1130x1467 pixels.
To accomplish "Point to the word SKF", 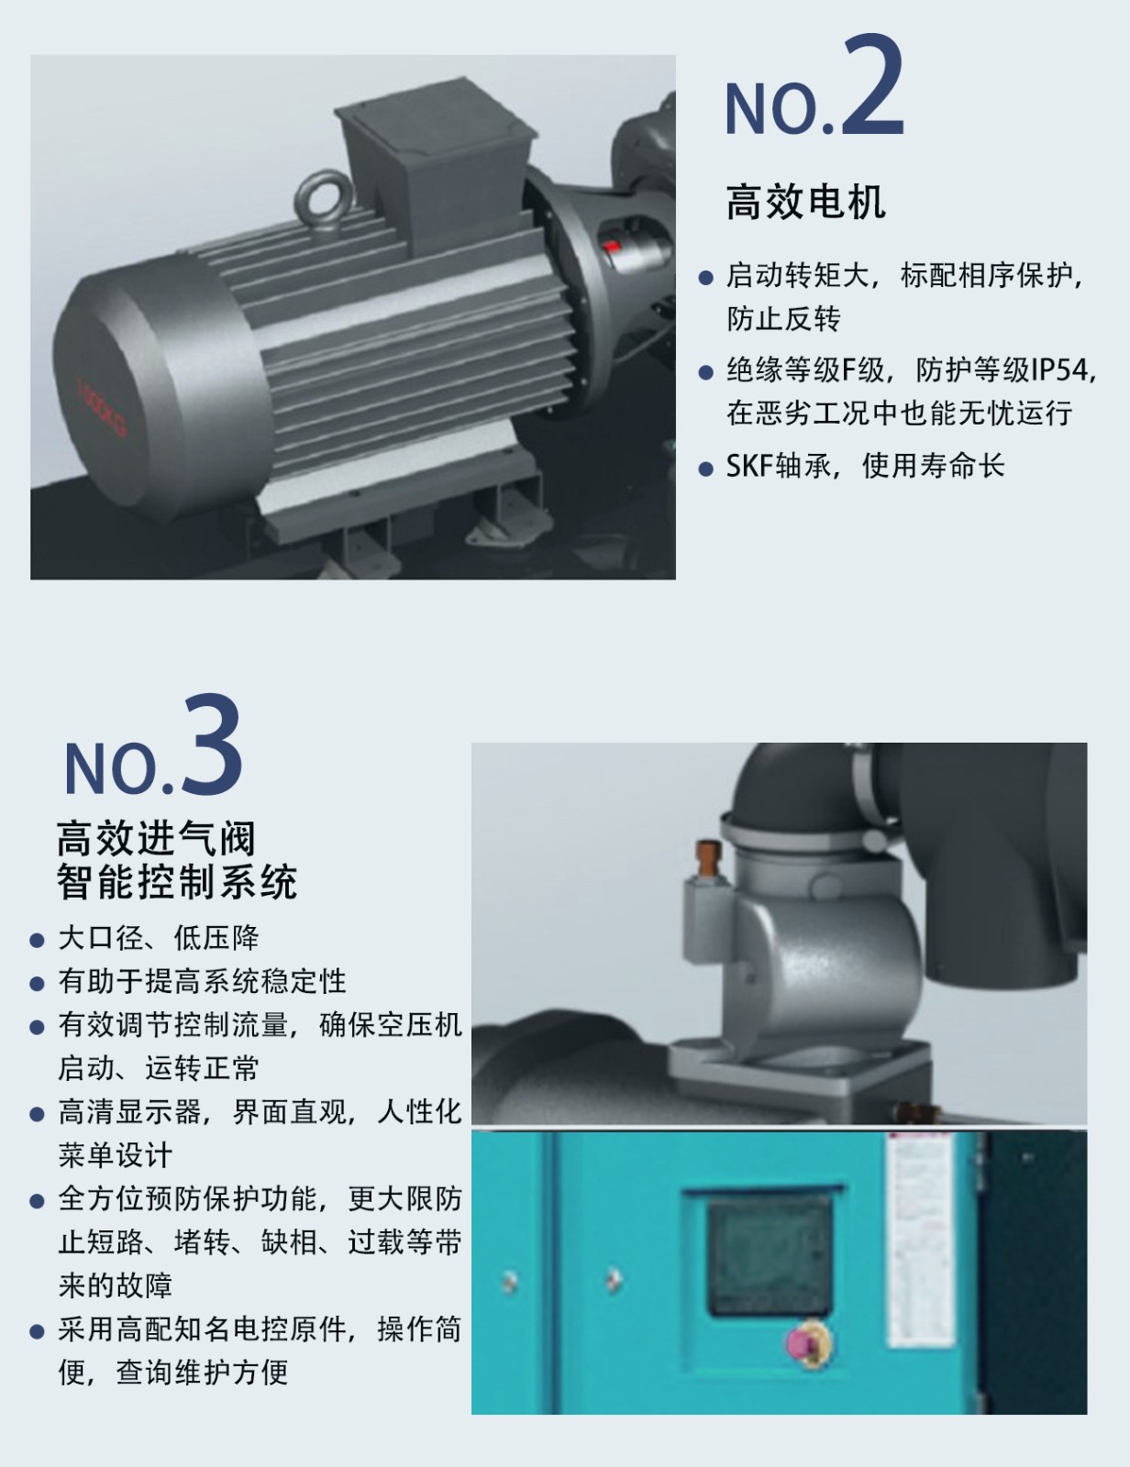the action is coord(748,465).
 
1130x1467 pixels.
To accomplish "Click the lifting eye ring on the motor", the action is coord(321,198).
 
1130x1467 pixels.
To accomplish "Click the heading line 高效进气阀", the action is coord(156,838).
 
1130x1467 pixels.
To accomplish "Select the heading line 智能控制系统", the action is coord(177,881).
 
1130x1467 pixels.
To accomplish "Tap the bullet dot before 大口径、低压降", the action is coord(37,941).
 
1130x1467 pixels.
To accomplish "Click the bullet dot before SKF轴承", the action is coord(705,468).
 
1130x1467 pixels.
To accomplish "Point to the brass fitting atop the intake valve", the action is coord(707,858).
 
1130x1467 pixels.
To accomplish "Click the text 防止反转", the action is coord(783,319).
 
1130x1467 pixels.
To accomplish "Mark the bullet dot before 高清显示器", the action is coord(37,1114).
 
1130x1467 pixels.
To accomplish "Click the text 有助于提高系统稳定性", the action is coord(202,981).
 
